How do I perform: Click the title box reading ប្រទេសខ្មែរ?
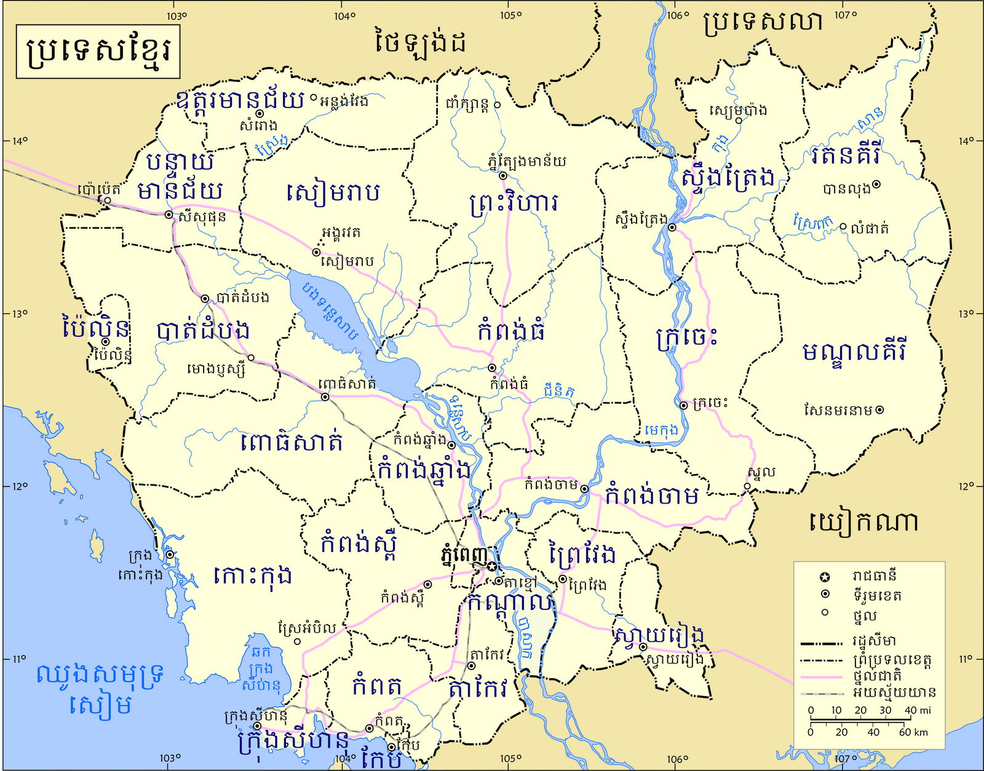point(97,52)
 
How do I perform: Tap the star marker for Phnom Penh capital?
point(493,566)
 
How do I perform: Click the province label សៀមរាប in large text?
point(333,192)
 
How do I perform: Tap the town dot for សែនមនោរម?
point(879,409)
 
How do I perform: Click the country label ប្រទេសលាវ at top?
point(763,23)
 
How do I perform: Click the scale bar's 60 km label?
point(913,732)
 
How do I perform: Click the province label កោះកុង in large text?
point(252,576)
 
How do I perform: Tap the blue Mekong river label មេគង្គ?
point(662,430)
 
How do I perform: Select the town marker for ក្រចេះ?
point(683,405)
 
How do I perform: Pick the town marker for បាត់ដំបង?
point(205,299)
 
